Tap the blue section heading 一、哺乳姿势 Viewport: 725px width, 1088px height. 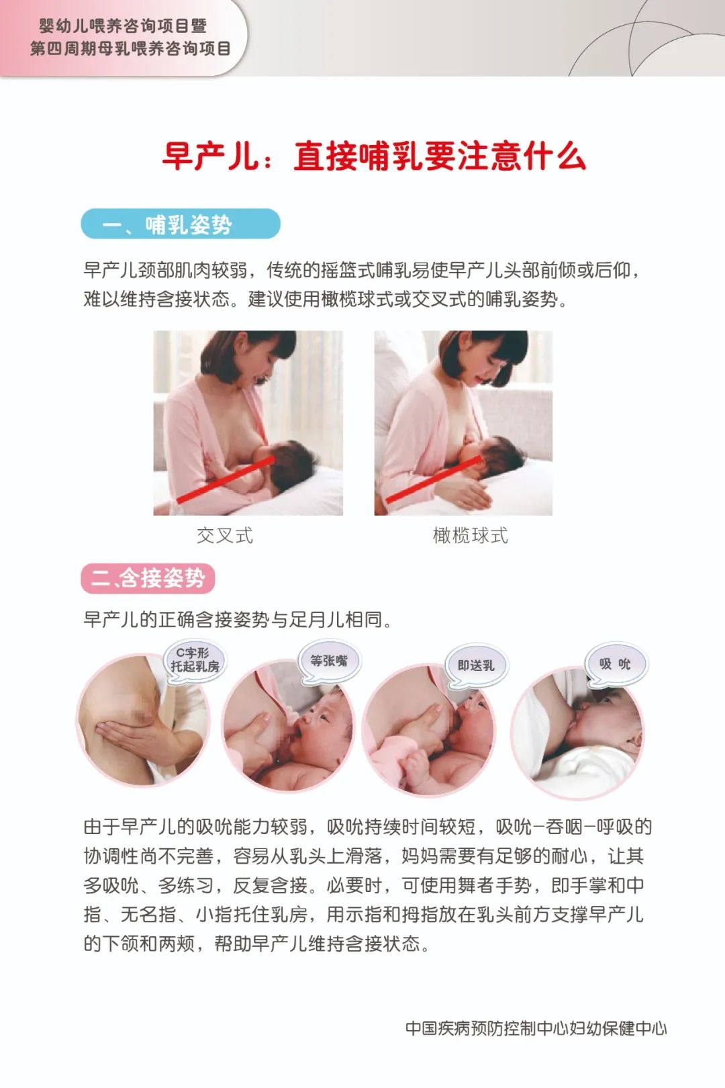pos(180,224)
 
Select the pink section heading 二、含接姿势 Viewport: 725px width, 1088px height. pos(148,578)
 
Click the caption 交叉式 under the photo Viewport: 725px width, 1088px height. pos(225,535)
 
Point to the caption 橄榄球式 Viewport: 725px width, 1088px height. pos(471,535)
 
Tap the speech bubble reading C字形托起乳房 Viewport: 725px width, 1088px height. pos(195,660)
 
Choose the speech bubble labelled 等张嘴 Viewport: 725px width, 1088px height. pos(329,661)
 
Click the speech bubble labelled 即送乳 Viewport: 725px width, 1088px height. pos(476,666)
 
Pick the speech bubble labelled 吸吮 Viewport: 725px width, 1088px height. pos(615,664)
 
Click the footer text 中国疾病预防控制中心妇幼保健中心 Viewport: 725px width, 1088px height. pos(536,1028)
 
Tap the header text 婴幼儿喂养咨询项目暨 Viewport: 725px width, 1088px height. pos(123,26)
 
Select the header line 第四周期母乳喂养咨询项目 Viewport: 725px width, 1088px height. pos(130,48)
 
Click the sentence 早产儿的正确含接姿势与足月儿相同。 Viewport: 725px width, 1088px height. pos(238,619)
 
